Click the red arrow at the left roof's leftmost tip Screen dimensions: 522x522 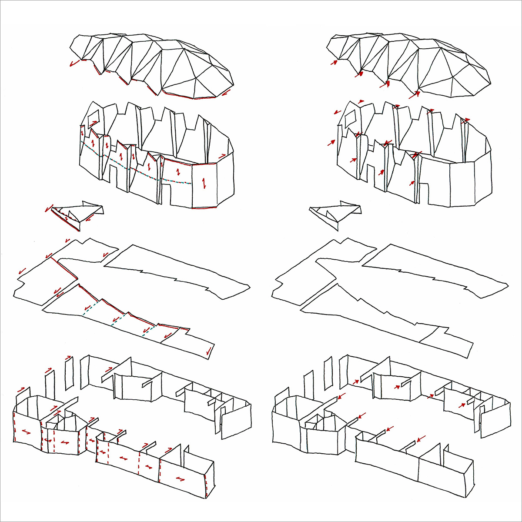74,64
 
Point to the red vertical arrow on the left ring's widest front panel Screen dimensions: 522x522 203,183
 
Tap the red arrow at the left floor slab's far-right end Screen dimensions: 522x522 210,350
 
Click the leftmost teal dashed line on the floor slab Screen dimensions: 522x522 89,308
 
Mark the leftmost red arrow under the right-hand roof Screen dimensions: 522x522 334,63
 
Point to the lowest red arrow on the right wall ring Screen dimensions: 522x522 412,183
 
